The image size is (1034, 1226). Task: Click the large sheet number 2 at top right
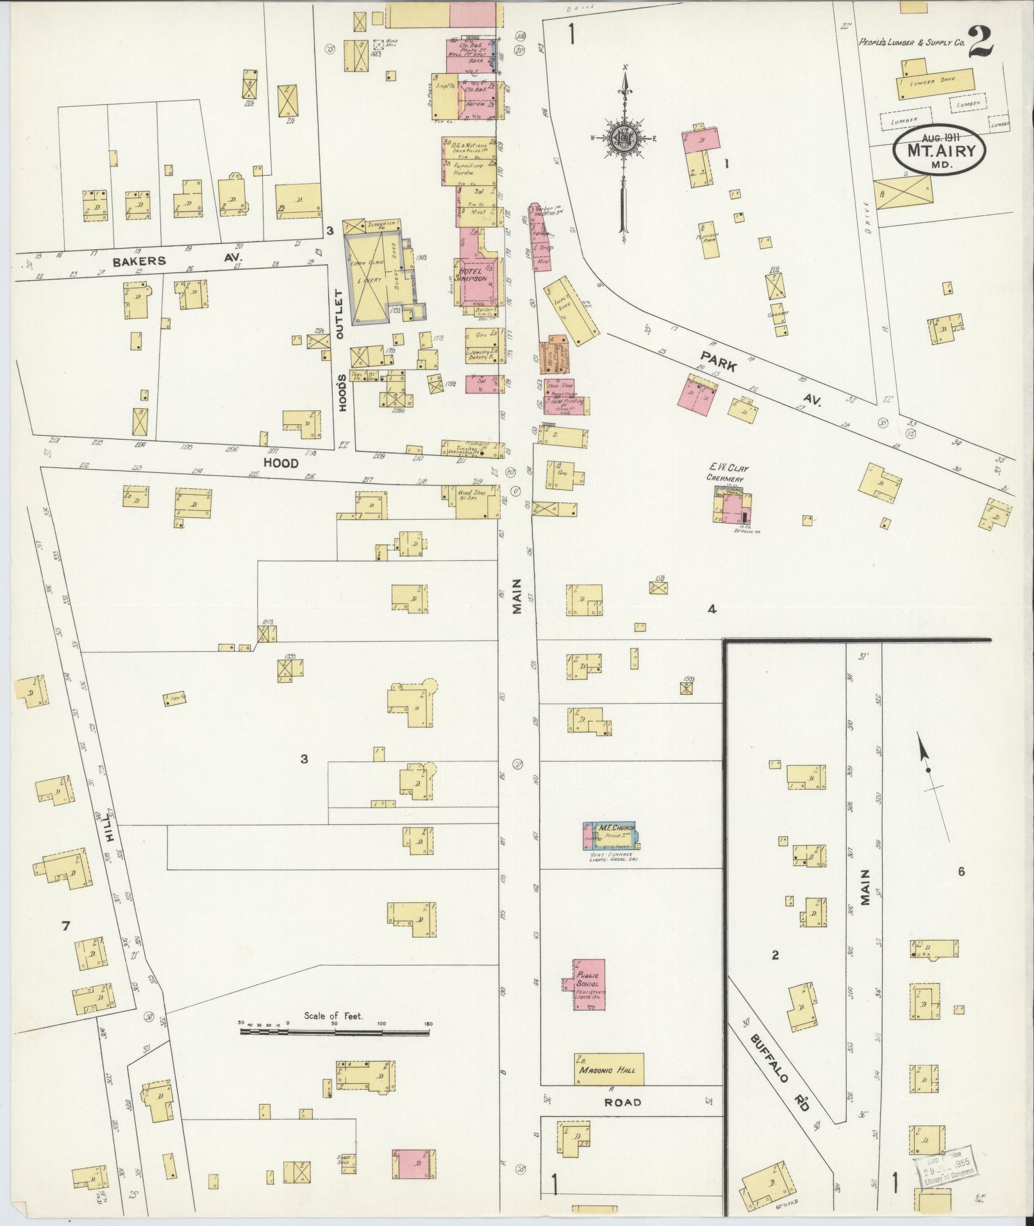pyautogui.click(x=981, y=43)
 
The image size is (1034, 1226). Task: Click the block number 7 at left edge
pyautogui.click(x=65, y=925)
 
